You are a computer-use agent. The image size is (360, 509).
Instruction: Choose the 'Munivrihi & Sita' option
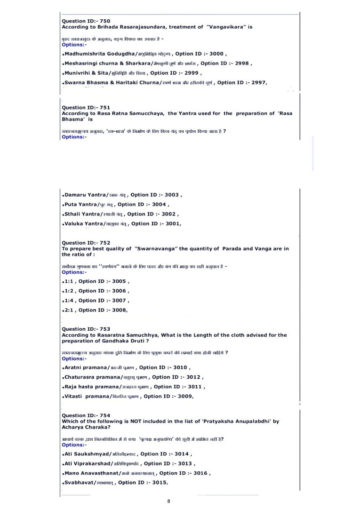pyautogui.click(x=87, y=73)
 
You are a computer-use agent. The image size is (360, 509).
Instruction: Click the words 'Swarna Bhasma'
pyautogui.click(x=84, y=83)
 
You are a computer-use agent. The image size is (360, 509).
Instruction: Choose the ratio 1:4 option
pyautogui.click(x=69, y=300)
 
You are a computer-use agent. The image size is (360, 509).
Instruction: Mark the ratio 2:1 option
pyautogui.click(x=69, y=310)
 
